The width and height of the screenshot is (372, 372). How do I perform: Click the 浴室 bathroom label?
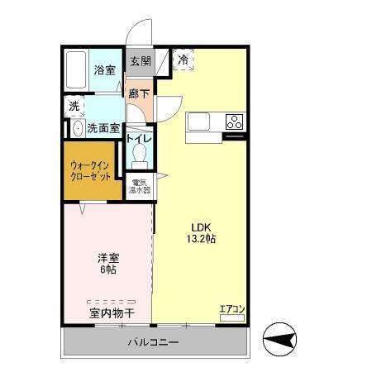click(x=104, y=69)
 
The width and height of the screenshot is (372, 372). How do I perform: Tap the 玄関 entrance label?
click(x=140, y=61)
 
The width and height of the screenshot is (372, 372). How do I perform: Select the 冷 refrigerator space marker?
click(x=183, y=60)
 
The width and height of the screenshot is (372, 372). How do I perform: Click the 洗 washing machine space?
click(x=74, y=106)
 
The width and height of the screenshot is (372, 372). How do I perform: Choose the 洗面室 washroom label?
click(x=103, y=129)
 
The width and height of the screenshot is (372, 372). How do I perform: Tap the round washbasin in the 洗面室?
click(x=77, y=129)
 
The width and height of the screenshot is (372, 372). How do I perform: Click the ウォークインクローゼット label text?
click(x=91, y=170)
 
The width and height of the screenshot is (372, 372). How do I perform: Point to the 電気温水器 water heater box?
click(x=139, y=188)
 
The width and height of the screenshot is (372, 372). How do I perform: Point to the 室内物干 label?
click(x=112, y=313)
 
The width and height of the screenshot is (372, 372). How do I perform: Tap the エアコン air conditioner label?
click(x=231, y=310)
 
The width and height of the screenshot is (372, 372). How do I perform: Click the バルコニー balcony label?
click(x=152, y=342)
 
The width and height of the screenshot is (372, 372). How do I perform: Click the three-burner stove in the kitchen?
click(x=234, y=122)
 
